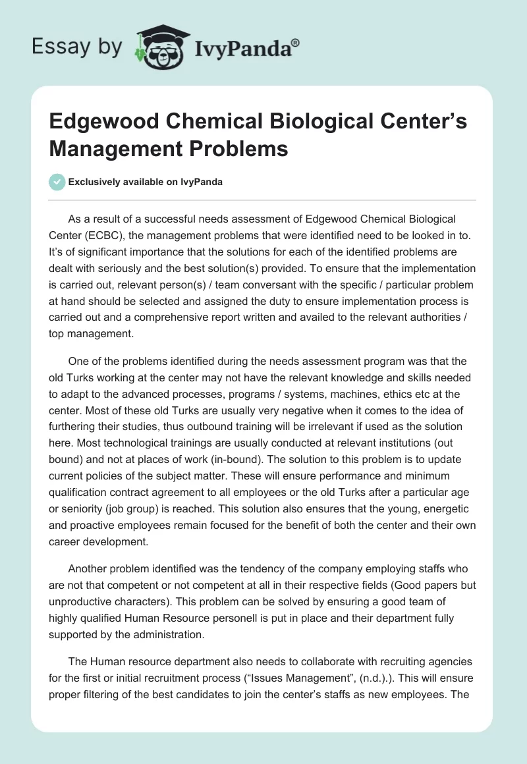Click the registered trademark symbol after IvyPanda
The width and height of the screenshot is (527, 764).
tap(296, 42)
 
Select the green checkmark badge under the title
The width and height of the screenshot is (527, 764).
tap(57, 182)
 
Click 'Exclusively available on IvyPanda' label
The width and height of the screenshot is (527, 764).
tap(146, 182)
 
